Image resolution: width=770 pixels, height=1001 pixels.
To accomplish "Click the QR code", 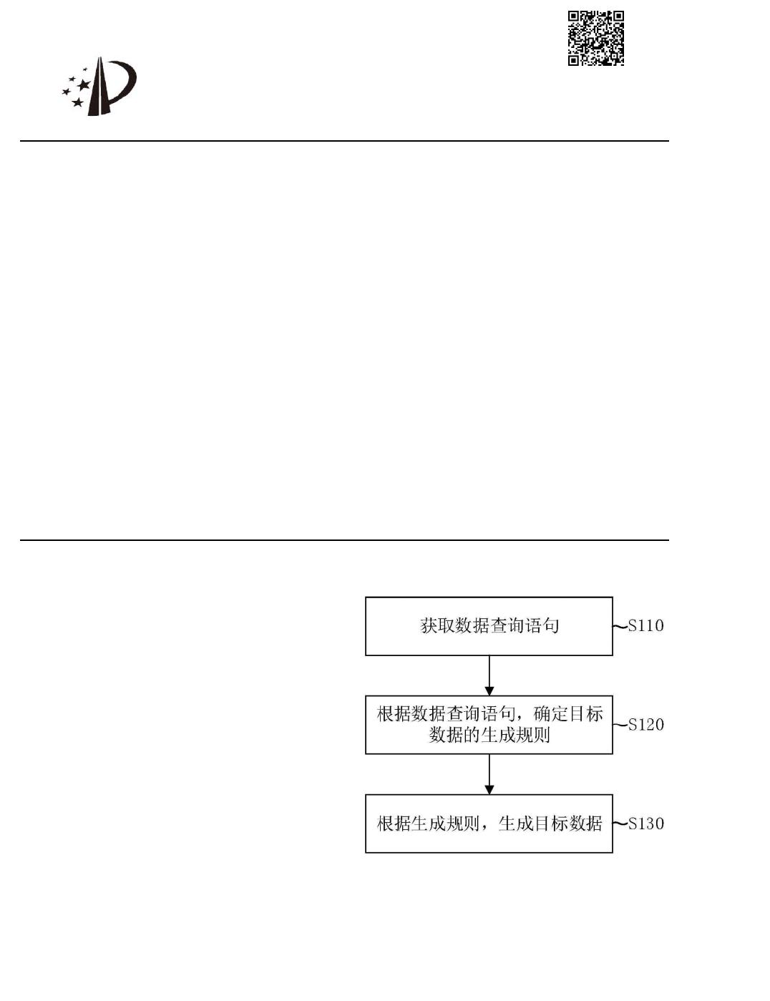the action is pos(596,38).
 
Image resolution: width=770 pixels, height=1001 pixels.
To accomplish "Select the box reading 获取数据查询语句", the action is pos(489,626).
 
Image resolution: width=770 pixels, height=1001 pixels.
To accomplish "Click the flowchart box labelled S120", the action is pos(489,724).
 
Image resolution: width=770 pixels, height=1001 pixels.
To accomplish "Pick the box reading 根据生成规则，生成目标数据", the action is pos(489,823).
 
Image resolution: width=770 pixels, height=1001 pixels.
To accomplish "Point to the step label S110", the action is pos(646,626).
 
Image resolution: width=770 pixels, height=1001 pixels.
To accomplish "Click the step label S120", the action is pos(646,725).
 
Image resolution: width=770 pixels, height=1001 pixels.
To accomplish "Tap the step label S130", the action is pos(646,824).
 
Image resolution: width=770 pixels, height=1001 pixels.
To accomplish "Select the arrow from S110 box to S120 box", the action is pos(489,675).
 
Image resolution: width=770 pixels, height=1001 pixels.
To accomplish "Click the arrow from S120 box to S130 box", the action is pos(489,773).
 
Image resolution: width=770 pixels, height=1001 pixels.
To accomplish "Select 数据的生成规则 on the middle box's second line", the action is pos(489,735).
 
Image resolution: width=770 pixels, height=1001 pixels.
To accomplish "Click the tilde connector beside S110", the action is pos(620,627).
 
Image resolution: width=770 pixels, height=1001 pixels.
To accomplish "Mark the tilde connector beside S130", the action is pos(620,824).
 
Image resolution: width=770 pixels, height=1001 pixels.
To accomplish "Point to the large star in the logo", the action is pos(84,85).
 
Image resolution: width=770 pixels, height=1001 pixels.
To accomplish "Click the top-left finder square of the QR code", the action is pos(574,16).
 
